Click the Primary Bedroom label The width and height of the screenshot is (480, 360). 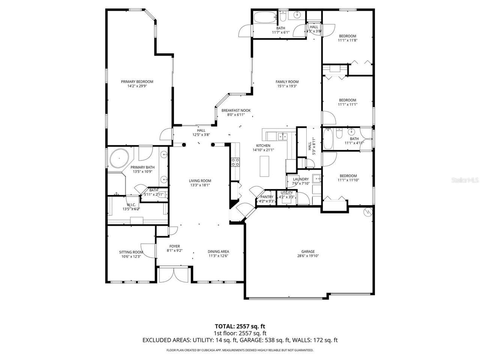click(x=137, y=82)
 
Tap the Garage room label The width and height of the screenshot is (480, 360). click(x=308, y=252)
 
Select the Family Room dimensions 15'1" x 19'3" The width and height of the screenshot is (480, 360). click(x=287, y=86)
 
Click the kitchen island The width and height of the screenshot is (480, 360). click(x=265, y=166)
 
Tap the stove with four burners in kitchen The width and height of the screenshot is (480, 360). click(x=235, y=162)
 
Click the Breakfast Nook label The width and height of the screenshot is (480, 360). click(x=236, y=110)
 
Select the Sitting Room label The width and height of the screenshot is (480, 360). click(x=131, y=252)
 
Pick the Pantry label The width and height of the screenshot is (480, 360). click(x=267, y=197)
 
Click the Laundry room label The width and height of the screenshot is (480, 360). click(x=301, y=179)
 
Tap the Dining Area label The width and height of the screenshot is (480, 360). click(x=218, y=252)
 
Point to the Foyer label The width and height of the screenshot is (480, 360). click(x=174, y=246)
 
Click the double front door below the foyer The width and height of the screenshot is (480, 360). click(x=173, y=274)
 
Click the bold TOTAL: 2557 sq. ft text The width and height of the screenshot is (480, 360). click(x=240, y=326)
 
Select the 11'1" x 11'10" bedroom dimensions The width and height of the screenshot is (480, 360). click(x=348, y=180)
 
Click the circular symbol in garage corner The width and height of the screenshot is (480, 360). click(x=367, y=212)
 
